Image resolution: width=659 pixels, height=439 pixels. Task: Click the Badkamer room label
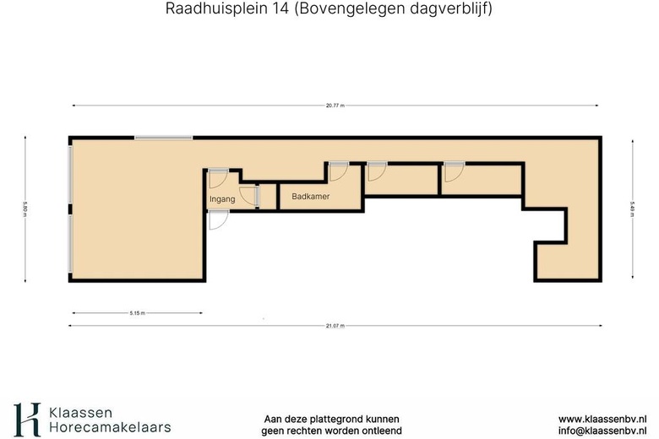click(310, 197)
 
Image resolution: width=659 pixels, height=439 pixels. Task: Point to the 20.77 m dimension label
click(336, 106)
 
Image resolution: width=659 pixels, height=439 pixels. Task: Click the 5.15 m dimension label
click(138, 313)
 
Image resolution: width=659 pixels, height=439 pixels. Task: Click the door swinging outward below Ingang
click(217, 219)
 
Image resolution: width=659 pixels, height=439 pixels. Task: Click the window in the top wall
click(163, 138)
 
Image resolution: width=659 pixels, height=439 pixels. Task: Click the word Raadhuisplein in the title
click(202, 9)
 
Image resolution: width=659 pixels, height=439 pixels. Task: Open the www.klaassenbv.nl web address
click(602, 419)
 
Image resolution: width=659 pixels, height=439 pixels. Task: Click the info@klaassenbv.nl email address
click(602, 431)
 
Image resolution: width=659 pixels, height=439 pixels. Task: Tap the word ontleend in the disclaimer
click(379, 431)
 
